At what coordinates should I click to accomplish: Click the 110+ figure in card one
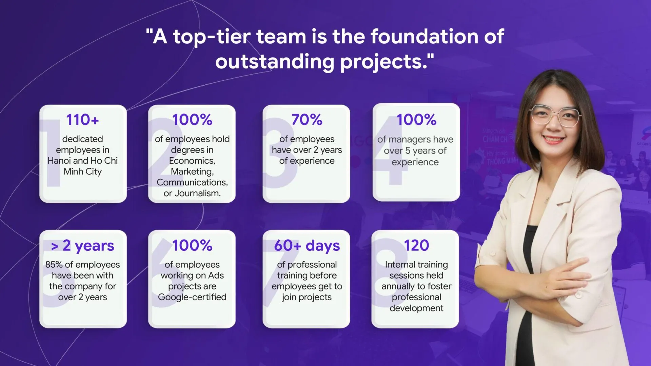(x=82, y=120)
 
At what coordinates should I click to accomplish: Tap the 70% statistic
(x=307, y=120)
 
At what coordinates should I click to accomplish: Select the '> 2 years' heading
(x=82, y=246)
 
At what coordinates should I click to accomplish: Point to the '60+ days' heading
(x=307, y=246)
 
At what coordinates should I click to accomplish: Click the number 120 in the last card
(x=416, y=245)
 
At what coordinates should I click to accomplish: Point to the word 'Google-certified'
(x=192, y=297)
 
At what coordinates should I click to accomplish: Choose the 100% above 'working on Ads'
(x=192, y=245)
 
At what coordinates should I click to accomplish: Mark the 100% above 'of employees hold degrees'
(x=192, y=120)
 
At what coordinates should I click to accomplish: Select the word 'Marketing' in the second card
(x=192, y=172)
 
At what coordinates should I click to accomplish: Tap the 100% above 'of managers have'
(x=416, y=120)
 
